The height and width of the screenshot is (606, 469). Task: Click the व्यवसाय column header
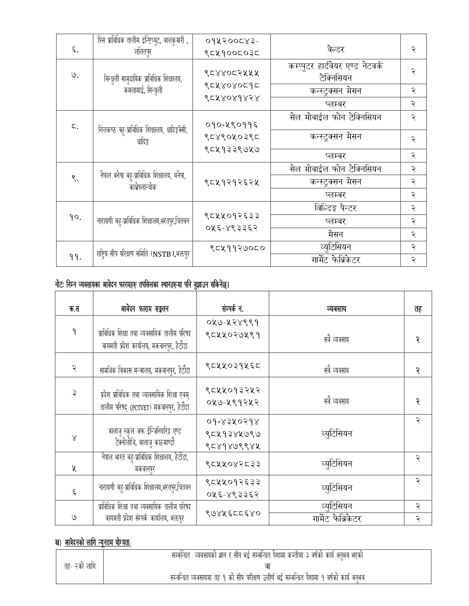336,309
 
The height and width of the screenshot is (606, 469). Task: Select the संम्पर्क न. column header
232,309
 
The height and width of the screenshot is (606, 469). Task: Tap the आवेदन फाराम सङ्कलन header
145,309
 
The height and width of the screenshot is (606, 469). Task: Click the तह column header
418,309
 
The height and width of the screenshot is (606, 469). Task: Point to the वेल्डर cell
335,49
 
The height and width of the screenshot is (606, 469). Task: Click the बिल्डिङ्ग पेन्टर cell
335,208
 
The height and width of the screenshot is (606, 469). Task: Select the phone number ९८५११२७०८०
237,248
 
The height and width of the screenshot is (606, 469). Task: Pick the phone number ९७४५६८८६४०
232,512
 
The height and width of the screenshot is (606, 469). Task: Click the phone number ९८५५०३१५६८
232,365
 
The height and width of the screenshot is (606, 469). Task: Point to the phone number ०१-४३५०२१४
232,421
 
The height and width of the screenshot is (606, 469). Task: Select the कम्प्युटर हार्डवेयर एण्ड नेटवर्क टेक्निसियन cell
335,72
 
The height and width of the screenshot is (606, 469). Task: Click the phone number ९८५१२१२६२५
232,182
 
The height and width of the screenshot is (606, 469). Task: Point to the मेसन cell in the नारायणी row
335,234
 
